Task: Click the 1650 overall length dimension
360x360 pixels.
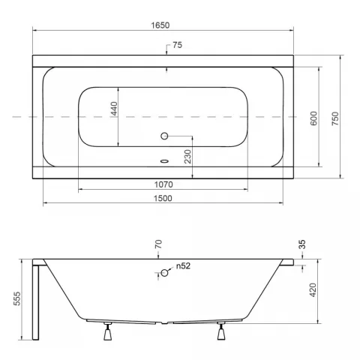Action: point(160,25)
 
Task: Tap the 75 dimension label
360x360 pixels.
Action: point(178,45)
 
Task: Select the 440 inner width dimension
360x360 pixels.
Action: point(114,109)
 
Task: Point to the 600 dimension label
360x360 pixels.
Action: point(313,118)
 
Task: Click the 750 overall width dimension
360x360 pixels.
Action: point(335,118)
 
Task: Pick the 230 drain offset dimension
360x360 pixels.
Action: point(187,157)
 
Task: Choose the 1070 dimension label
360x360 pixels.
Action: point(163,184)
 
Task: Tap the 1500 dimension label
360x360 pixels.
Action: point(163,198)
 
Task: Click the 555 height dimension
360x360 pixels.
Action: point(17,298)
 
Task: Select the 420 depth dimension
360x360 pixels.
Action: point(313,290)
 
